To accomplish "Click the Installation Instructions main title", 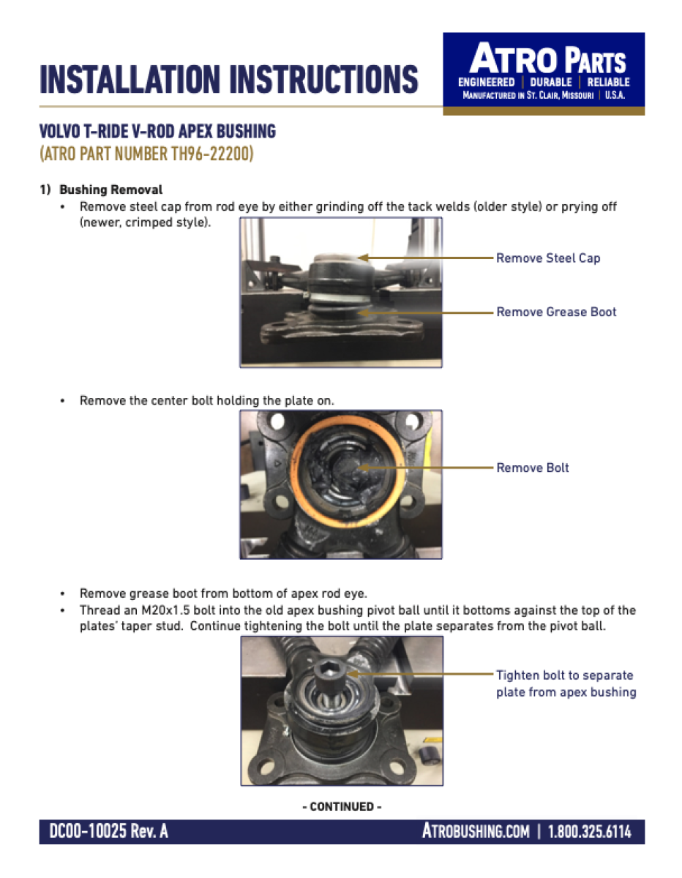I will [x=228, y=79].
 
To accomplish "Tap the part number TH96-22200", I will [x=198, y=155].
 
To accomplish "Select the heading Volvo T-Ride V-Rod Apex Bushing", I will [x=157, y=132].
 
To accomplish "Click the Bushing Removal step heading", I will [x=110, y=190].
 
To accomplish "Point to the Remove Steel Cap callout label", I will [x=547, y=258].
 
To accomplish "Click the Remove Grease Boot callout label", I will [x=556, y=312].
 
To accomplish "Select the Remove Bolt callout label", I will [x=532, y=468].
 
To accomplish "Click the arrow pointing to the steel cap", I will [x=424, y=258].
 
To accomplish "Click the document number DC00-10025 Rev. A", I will [x=108, y=831].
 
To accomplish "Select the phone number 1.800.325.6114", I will [x=589, y=831].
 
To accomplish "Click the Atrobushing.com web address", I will [x=476, y=831].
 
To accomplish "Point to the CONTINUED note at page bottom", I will [x=342, y=806].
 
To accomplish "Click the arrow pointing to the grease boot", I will [x=424, y=312].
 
